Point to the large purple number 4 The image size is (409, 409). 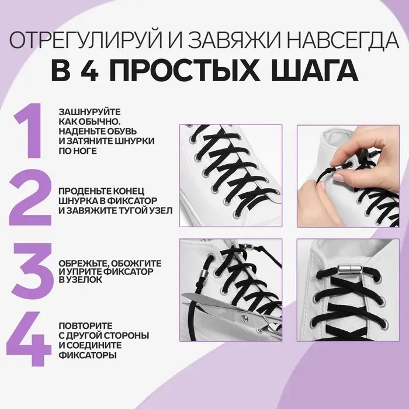pyautogui.click(x=29, y=339)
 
